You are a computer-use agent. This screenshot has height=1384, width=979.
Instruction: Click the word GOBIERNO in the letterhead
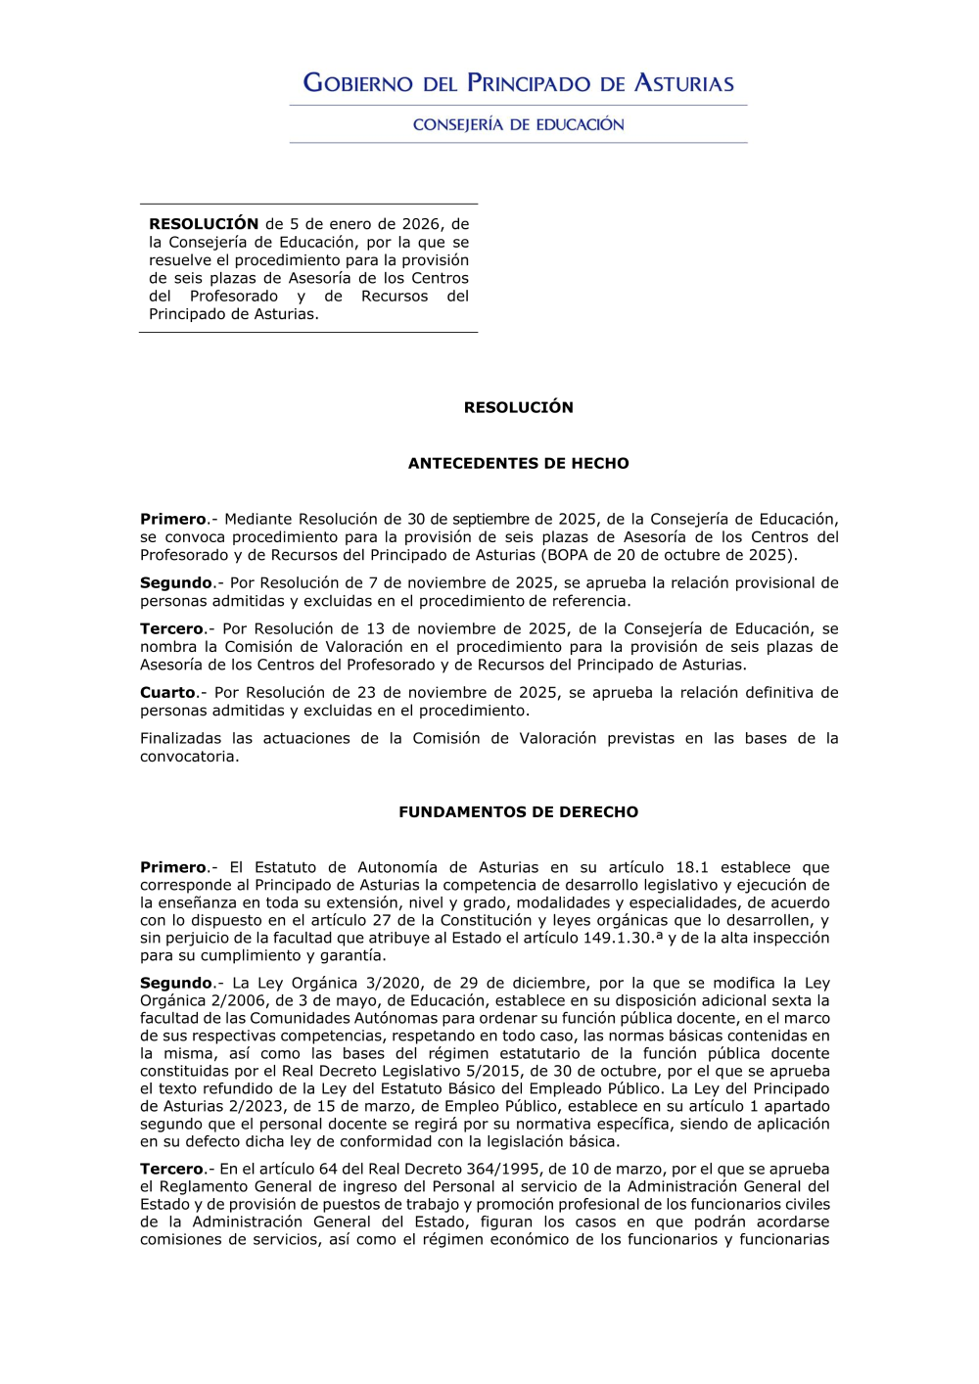(x=358, y=83)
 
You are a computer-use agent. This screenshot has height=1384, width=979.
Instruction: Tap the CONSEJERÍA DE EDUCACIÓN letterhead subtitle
(x=518, y=124)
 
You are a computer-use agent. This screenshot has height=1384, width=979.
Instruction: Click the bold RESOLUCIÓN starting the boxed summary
(x=204, y=224)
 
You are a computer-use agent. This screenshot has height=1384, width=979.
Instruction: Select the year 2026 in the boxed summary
(x=421, y=224)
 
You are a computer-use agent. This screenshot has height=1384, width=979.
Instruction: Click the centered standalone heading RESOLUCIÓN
(x=518, y=407)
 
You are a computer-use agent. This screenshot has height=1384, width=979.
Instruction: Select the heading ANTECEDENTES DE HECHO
(x=518, y=463)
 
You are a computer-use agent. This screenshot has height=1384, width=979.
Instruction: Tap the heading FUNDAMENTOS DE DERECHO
(x=518, y=811)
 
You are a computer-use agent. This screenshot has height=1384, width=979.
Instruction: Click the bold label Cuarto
(x=167, y=692)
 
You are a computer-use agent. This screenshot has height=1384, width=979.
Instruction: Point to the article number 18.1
(x=691, y=867)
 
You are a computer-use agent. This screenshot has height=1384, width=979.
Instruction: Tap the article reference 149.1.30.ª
(x=623, y=938)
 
